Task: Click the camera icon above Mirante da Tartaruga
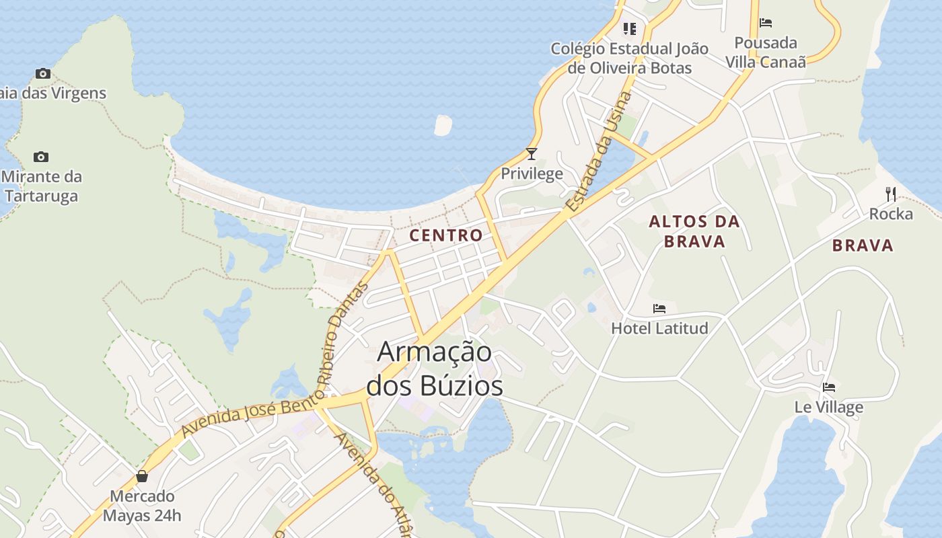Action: coord(41,157)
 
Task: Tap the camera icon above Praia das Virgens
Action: coord(43,73)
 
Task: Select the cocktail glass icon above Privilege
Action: coord(532,154)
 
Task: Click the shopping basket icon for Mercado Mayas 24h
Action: coord(142,476)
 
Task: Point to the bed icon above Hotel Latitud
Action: coord(659,309)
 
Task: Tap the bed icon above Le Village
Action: coord(829,387)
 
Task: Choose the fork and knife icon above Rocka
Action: coord(891,194)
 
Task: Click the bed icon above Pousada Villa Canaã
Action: coord(766,23)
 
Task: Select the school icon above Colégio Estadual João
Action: coord(630,28)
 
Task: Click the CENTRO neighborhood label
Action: coord(446,235)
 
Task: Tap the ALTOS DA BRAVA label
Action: coord(694,231)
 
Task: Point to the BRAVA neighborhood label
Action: coord(863,245)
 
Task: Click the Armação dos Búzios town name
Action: coord(434,369)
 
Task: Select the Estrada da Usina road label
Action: coord(600,153)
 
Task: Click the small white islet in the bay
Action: coord(443,125)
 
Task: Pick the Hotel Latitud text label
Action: coord(659,328)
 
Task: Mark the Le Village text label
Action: coord(829,407)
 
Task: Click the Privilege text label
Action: coord(532,174)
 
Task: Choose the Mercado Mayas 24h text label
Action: coord(142,506)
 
